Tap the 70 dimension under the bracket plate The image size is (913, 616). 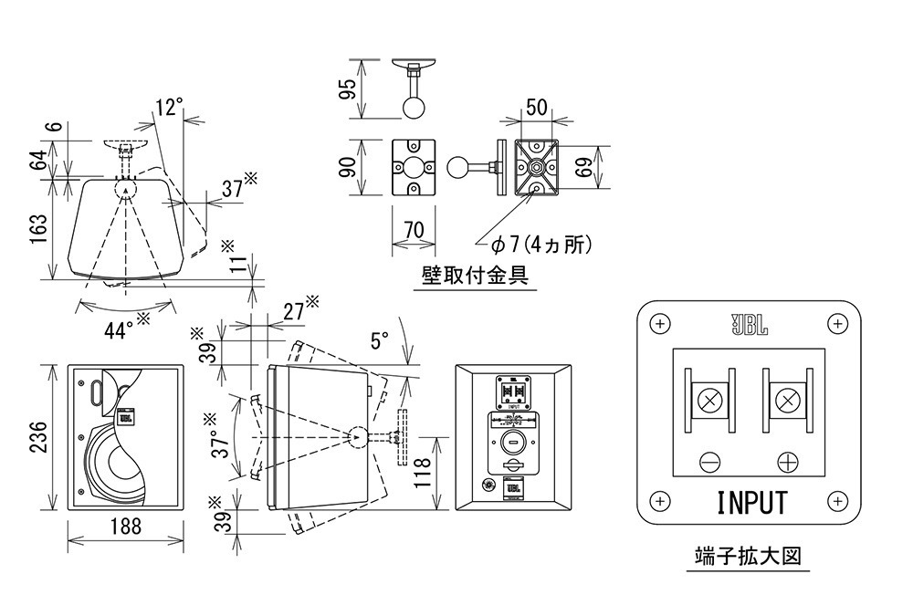point(414,231)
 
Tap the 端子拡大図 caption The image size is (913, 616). point(748,555)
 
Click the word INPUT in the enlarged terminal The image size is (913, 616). point(750,503)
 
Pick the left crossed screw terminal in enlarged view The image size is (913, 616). point(709,399)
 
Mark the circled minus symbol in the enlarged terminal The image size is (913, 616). point(709,461)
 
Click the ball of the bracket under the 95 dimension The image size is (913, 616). point(414,107)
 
